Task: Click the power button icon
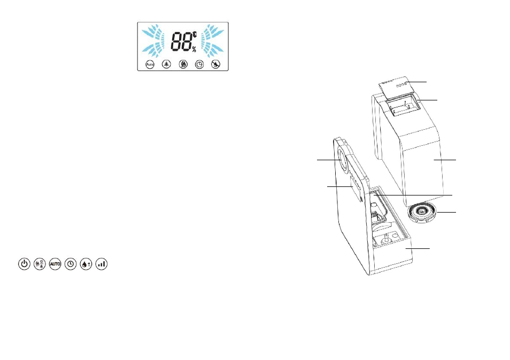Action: tap(24, 264)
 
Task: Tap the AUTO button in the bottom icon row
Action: tap(55, 264)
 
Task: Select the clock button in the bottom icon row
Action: tap(71, 264)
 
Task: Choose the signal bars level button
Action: tap(102, 264)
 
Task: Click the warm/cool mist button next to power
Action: tap(40, 264)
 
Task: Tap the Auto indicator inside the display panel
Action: tap(150, 64)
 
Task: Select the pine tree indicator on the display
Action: tap(167, 64)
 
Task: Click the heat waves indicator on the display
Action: tap(183, 64)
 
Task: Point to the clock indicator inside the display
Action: tap(199, 64)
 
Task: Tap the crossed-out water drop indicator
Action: tap(215, 64)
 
